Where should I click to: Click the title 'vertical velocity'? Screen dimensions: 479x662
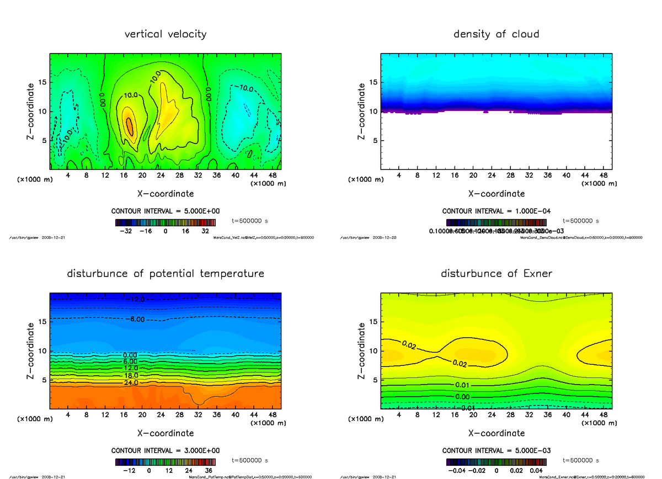(x=165, y=34)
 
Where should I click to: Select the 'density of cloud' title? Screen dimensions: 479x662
(x=496, y=34)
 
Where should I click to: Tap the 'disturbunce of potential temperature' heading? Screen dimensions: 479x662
(x=165, y=274)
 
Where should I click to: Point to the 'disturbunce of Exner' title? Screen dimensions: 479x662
(x=496, y=274)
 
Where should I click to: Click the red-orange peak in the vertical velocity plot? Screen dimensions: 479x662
(x=130, y=126)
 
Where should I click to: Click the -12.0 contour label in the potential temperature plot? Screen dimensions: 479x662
(x=134, y=299)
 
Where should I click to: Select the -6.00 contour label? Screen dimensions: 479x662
(x=134, y=319)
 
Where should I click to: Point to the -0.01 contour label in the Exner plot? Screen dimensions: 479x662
(x=466, y=408)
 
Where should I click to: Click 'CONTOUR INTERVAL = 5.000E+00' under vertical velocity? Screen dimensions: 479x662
(x=165, y=211)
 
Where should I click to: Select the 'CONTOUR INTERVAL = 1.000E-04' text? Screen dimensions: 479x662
(x=496, y=211)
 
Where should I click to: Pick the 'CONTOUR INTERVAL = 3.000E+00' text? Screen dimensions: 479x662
(x=165, y=450)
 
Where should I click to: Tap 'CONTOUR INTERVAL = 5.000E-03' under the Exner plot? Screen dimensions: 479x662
(x=496, y=450)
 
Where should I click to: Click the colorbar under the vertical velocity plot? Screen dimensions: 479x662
(x=165, y=222)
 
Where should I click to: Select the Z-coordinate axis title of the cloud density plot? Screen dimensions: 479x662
(x=361, y=110)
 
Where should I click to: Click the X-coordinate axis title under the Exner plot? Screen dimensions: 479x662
(x=496, y=433)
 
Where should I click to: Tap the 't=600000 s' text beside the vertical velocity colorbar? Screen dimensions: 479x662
(x=250, y=221)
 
